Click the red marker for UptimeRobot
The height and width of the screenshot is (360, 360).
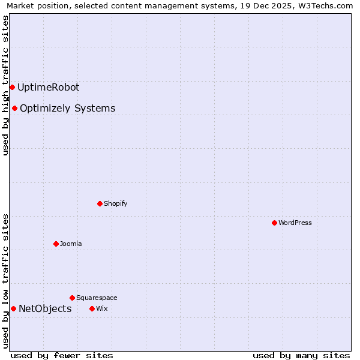click(12, 87)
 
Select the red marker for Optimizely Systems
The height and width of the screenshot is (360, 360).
click(14, 108)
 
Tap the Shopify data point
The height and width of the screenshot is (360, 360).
click(100, 203)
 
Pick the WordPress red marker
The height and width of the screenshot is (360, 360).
click(274, 223)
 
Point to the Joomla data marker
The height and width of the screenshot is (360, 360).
click(56, 244)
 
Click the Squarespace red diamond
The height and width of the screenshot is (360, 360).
click(72, 298)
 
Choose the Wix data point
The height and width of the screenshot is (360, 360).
click(92, 308)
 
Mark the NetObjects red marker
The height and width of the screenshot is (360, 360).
click(13, 308)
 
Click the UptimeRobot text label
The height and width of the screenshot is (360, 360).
click(48, 87)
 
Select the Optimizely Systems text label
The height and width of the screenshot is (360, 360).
click(67, 108)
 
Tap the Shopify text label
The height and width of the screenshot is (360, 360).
click(115, 203)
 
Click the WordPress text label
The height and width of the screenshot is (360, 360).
click(295, 223)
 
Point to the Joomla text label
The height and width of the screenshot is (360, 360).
click(70, 244)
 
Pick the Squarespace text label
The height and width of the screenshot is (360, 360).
click(97, 298)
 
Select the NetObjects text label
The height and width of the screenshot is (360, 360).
click(45, 308)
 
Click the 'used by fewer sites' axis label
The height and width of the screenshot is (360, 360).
click(62, 355)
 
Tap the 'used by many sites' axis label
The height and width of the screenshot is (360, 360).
click(301, 355)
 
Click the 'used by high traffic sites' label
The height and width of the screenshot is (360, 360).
click(5, 85)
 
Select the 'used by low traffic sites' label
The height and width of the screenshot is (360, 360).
click(5, 280)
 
